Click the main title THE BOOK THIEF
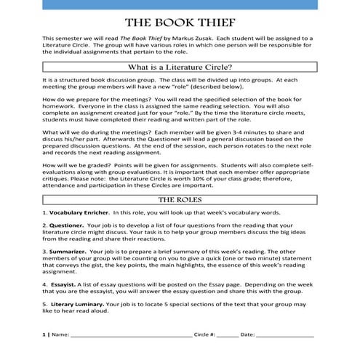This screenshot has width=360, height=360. [x=180, y=21]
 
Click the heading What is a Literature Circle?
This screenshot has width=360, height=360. [x=180, y=67]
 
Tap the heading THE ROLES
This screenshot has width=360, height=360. [x=180, y=199]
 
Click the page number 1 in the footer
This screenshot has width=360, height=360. [x=44, y=336]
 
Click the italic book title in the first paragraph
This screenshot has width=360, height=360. [x=142, y=37]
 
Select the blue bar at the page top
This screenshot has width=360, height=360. [x=180, y=4]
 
